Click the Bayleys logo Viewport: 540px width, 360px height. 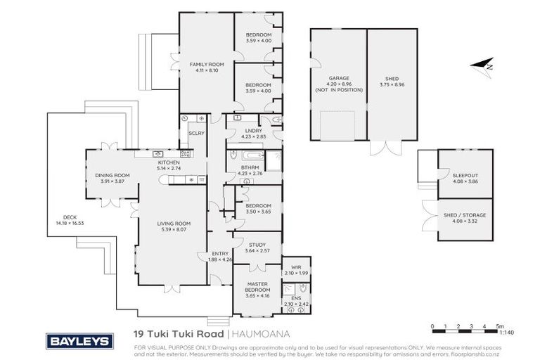pyautogui.click(x=79, y=341)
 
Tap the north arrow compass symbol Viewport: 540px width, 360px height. pyautogui.click(x=484, y=66)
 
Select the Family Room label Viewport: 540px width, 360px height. pyautogui.click(x=205, y=65)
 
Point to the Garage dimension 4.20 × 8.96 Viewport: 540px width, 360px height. pyautogui.click(x=339, y=84)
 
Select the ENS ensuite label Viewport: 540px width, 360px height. pyautogui.click(x=296, y=299)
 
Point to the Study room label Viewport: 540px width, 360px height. pyautogui.click(x=257, y=245)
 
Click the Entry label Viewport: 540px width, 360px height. pyautogui.click(x=220, y=255)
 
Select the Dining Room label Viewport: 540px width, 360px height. pyautogui.click(x=112, y=175)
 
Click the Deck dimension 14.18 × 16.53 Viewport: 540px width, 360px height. pyautogui.click(x=70, y=223)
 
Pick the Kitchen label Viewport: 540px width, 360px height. pyautogui.click(x=169, y=162)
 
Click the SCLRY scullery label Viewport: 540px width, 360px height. pyautogui.click(x=195, y=132)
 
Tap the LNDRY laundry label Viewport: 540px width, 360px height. pyautogui.click(x=253, y=131)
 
